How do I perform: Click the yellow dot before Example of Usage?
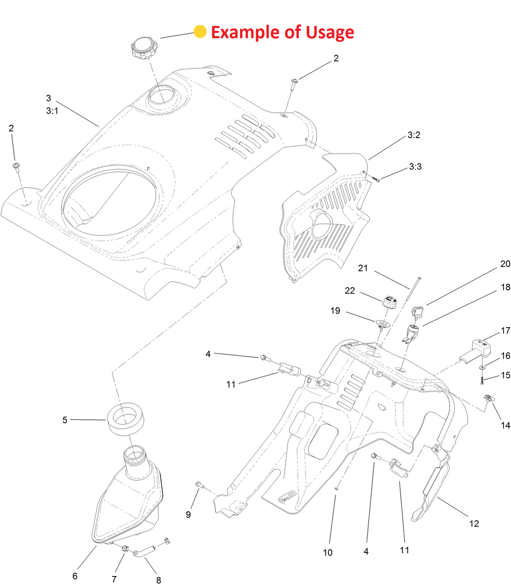coord(200,32)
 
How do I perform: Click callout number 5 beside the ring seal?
coord(65,420)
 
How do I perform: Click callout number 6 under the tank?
coord(75,576)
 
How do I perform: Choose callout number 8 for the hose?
coord(114,579)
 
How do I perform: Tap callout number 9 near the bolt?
coord(159,580)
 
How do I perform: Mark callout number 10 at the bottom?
coord(188,515)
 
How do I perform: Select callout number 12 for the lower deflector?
coord(327,553)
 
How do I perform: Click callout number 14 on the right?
coord(506,425)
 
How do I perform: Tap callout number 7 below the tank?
coord(114,579)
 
